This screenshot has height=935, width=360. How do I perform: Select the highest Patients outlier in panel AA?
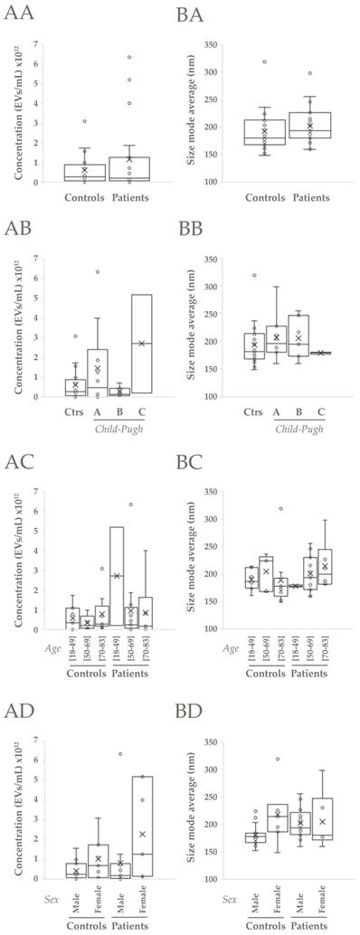click(129, 57)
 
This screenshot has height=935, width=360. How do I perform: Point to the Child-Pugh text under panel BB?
click(300, 426)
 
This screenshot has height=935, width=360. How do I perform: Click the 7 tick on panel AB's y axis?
click(33, 260)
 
